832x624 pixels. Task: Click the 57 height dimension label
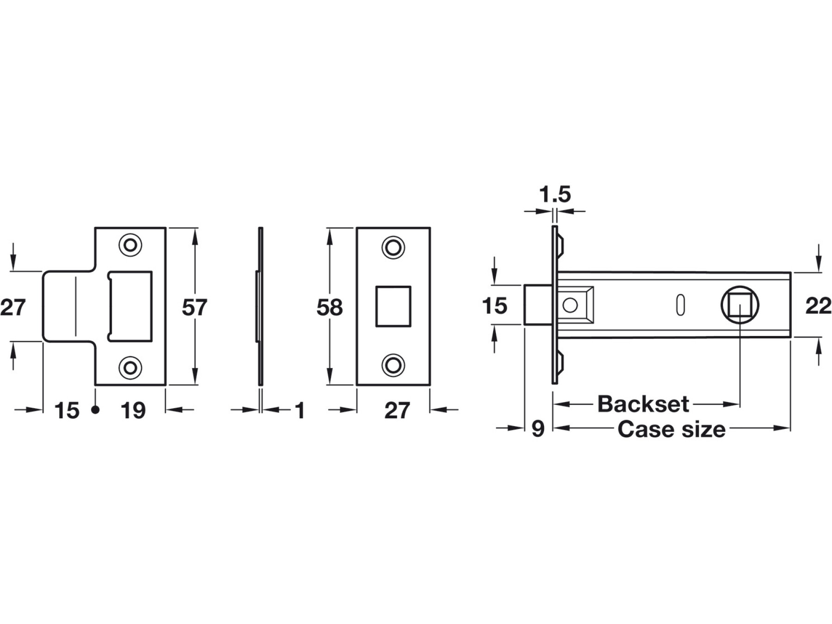[x=194, y=307]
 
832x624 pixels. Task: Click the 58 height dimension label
[x=330, y=307]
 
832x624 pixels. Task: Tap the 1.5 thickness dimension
[x=555, y=195]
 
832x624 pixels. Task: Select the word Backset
[x=643, y=404]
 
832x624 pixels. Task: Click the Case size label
[x=671, y=429]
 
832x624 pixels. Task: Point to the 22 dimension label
[x=818, y=306]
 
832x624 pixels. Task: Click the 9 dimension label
[x=538, y=429]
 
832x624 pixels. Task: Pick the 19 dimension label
[x=133, y=410]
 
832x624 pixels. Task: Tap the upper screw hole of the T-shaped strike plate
[x=130, y=245]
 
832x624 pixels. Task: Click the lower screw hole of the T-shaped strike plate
[x=130, y=368]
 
